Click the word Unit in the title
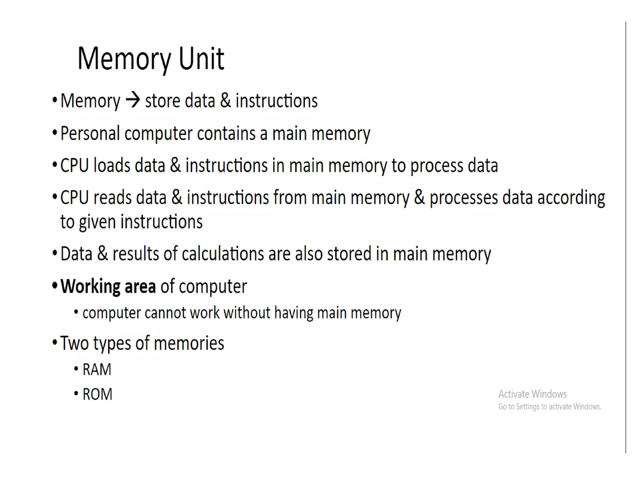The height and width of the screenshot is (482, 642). click(201, 59)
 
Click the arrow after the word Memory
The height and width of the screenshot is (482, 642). click(133, 100)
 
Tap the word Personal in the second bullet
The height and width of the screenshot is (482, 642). click(90, 134)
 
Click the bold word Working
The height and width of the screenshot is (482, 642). click(90, 287)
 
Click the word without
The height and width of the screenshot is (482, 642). click(247, 313)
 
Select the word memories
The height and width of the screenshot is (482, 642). click(189, 343)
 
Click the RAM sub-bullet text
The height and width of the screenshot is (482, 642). click(97, 369)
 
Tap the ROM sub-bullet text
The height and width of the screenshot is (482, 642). click(97, 394)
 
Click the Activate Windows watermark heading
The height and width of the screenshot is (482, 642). click(532, 394)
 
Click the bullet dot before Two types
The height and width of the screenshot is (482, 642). click(55, 343)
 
